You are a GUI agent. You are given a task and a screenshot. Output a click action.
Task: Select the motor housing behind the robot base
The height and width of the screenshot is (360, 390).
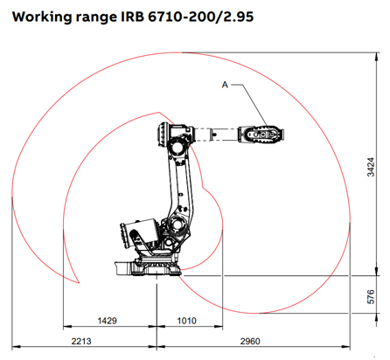(x=132, y=239)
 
